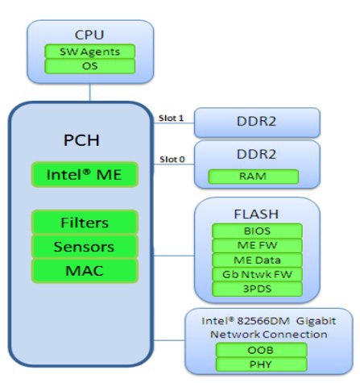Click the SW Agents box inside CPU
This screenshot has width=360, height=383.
tap(89, 52)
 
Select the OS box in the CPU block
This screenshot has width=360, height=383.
tap(89, 66)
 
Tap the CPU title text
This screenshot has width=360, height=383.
tap(89, 35)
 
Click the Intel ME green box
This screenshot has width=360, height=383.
tap(85, 174)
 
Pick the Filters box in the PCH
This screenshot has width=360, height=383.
tap(85, 223)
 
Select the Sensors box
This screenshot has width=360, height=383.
tap(85, 247)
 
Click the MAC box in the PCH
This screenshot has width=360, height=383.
tap(85, 271)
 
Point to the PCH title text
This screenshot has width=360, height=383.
tap(81, 140)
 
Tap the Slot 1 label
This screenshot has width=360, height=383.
tap(171, 118)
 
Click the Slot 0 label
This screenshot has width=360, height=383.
tap(172, 160)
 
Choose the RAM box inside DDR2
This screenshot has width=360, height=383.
tap(253, 177)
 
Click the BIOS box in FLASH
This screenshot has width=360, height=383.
tap(257, 231)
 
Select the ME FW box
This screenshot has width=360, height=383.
tap(257, 245)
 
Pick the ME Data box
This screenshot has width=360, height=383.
tap(257, 260)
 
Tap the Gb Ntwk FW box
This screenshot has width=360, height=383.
tap(257, 274)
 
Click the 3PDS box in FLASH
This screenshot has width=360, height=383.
tap(257, 289)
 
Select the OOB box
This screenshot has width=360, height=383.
tap(261, 350)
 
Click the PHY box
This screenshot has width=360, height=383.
tap(261, 364)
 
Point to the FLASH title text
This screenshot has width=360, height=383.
tap(256, 214)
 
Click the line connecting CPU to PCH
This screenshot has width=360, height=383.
tap(90, 92)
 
